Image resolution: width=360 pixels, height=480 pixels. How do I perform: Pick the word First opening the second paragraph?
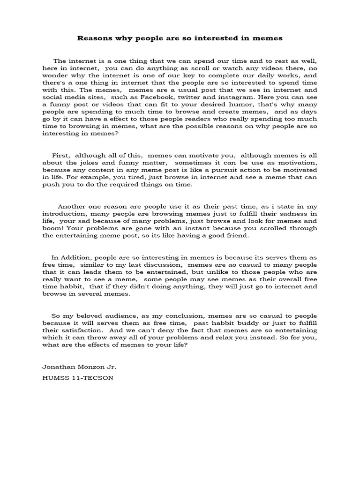(60, 155)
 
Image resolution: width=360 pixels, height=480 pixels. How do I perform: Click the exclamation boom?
(53, 228)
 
